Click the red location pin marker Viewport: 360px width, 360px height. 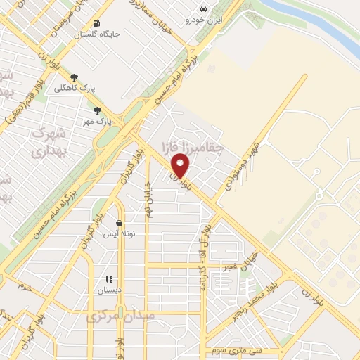click(x=181, y=165)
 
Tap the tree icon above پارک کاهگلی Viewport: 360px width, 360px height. click(x=75, y=78)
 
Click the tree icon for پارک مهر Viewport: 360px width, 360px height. click(x=97, y=110)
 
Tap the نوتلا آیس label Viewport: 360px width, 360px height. click(x=119, y=233)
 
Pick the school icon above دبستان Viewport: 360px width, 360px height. click(x=109, y=278)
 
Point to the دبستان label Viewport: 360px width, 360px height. click(x=109, y=289)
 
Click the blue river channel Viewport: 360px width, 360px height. click(x=316, y=21)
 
